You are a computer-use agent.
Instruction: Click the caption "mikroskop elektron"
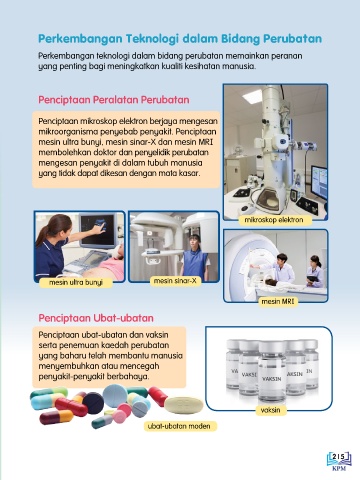(274, 220)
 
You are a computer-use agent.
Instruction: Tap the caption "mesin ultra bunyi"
(76, 283)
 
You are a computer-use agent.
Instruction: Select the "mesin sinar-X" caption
(175, 281)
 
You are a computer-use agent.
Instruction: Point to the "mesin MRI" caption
(278, 302)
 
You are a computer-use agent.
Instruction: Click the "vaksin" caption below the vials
(270, 410)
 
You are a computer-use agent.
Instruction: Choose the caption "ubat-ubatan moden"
(179, 426)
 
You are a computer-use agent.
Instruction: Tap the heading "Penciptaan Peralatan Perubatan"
(114, 100)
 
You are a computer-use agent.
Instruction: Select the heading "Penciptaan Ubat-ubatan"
(96, 318)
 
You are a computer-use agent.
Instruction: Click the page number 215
(339, 456)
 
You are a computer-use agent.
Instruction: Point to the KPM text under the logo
(339, 468)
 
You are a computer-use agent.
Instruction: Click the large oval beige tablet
(184, 405)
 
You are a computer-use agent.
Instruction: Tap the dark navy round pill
(93, 403)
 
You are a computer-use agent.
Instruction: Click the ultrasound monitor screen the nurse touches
(98, 229)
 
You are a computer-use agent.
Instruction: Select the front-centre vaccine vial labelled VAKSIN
(272, 371)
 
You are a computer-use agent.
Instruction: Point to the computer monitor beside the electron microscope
(319, 182)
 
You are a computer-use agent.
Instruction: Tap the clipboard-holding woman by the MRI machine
(314, 272)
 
